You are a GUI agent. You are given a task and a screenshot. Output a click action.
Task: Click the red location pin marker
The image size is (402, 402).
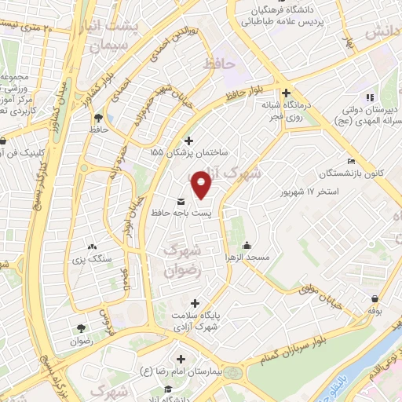pos(203,185)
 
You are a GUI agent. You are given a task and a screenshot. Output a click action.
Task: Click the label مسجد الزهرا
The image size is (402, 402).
pos(248,258)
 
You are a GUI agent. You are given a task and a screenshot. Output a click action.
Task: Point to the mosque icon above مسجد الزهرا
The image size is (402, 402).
pos(247,244)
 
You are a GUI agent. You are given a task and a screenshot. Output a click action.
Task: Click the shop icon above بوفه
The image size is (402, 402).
pos(375,298)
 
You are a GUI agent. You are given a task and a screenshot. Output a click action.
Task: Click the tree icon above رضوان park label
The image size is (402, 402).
pos(80,329)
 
